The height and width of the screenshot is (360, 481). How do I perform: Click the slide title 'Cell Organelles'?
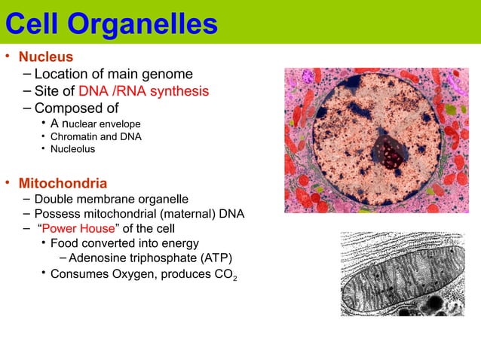[111, 24]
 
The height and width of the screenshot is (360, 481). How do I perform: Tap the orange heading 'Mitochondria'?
[63, 183]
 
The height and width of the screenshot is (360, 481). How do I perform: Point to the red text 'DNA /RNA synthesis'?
[143, 91]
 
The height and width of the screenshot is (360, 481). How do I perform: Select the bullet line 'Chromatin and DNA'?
[96, 136]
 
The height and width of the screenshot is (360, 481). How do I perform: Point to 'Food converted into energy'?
[124, 243]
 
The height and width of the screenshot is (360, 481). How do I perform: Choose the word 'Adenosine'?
[97, 258]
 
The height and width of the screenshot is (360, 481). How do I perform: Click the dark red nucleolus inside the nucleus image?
[390, 152]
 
